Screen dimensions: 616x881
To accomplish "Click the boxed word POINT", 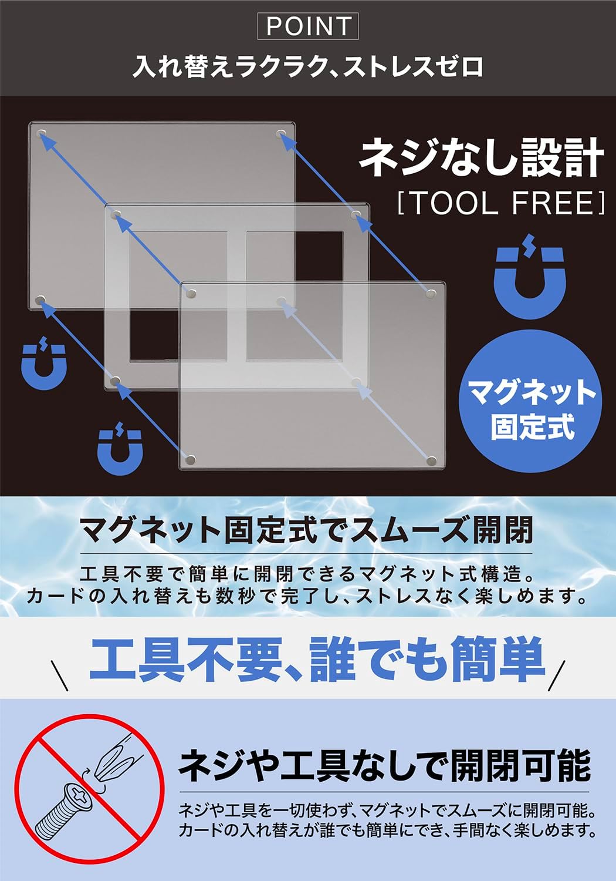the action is click(x=307, y=26).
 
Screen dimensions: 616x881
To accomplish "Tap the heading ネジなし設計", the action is click(x=481, y=158).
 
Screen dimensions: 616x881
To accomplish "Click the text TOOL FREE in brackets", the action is click(x=501, y=203).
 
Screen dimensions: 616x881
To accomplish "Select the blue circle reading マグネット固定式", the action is click(x=530, y=402).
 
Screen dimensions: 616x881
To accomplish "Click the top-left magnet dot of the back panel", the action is click(x=42, y=134).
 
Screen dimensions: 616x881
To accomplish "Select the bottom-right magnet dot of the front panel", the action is click(x=431, y=460).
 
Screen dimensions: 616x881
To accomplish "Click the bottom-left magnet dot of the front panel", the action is click(x=191, y=460).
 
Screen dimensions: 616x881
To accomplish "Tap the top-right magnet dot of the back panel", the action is click(x=280, y=134).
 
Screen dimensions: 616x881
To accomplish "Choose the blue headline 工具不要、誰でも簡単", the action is click(x=317, y=659).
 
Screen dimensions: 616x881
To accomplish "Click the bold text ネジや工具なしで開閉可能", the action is click(x=385, y=765).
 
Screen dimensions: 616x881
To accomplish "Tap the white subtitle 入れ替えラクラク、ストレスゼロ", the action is click(x=307, y=67).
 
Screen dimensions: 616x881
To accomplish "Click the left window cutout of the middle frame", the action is click(x=178, y=296).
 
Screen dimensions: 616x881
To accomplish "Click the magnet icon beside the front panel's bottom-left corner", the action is click(x=120, y=448).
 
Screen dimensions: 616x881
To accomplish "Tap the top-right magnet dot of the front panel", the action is click(x=431, y=294).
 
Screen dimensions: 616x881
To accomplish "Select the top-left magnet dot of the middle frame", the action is click(x=116, y=215).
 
